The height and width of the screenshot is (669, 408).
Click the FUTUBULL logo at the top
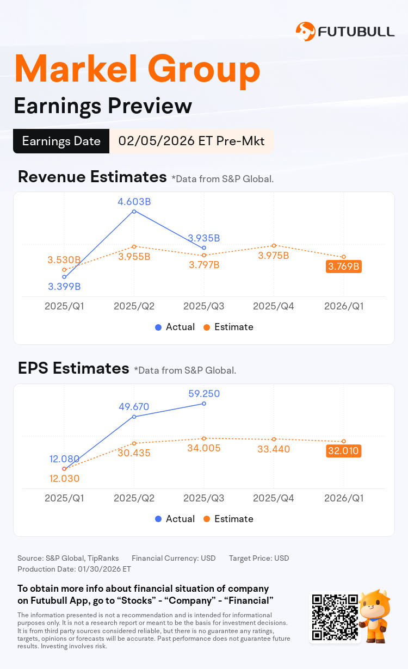[x=345, y=32]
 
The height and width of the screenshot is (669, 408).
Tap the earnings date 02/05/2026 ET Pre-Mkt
[x=191, y=141]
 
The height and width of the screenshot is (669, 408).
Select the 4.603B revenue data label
[x=134, y=202]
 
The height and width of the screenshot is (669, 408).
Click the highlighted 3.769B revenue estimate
[x=344, y=267]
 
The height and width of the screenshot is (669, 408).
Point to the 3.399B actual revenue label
[x=64, y=286]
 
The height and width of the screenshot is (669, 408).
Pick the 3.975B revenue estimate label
[x=274, y=256]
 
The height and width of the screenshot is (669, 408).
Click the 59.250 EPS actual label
[x=204, y=393]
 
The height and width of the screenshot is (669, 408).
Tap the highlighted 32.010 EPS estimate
[x=344, y=450]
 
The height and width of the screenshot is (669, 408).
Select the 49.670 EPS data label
[x=134, y=406]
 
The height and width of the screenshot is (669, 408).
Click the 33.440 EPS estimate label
[x=274, y=449]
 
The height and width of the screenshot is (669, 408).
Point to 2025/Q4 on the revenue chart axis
[x=274, y=306]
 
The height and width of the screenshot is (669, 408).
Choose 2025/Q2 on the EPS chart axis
[x=134, y=498]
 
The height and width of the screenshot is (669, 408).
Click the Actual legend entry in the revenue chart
[x=175, y=327]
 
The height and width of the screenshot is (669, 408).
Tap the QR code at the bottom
[x=335, y=617]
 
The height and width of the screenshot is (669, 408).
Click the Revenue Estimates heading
[x=92, y=177]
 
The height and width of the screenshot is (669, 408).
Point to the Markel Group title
[x=137, y=69]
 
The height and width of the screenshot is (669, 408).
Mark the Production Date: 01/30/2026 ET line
[x=75, y=569]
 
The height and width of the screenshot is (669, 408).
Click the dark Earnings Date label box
[x=61, y=141]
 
